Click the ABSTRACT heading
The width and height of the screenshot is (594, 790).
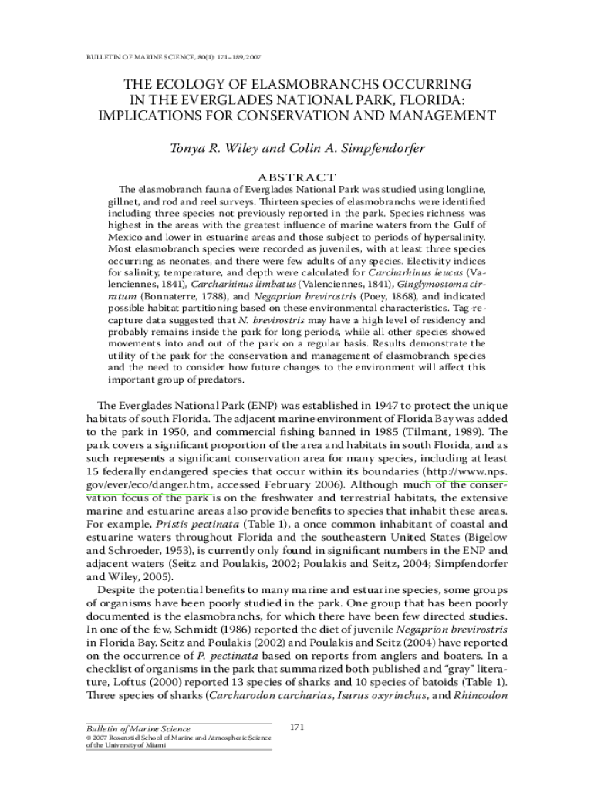[x=297, y=177]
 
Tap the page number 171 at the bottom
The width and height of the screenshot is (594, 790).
[x=297, y=727]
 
